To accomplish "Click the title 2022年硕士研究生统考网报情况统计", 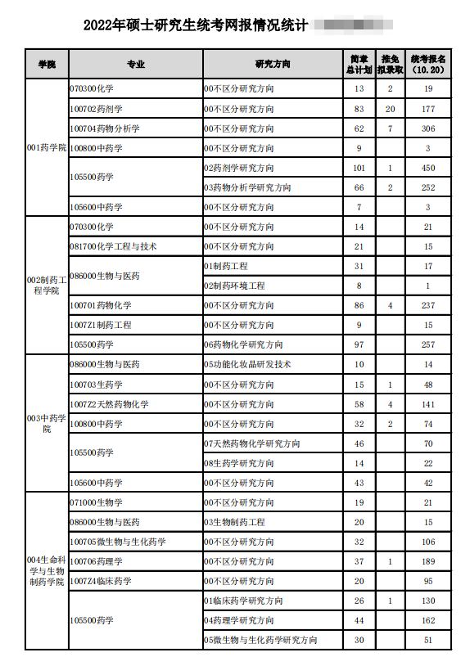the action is coord(196,26).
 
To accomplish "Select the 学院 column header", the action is coord(47,64).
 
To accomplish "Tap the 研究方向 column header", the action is coord(273,64).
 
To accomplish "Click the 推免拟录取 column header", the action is coord(391,64).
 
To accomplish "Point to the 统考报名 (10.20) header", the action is coord(428,64).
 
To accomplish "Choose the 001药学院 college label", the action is coord(47,148).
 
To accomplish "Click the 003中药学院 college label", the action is coord(47,423).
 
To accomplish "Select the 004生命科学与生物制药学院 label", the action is coord(47,570).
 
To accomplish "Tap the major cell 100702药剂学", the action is coord(97,109).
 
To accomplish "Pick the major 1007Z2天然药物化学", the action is coord(110,404).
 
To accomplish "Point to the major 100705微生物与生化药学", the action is coord(118,542).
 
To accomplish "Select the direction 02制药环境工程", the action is coord(234,286).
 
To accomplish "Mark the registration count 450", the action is coord(427,168).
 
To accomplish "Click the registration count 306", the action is coord(427,128).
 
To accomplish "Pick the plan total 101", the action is coord(359,168).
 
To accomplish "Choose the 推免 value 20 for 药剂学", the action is coord(391,109).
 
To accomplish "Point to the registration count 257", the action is coord(427,344).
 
